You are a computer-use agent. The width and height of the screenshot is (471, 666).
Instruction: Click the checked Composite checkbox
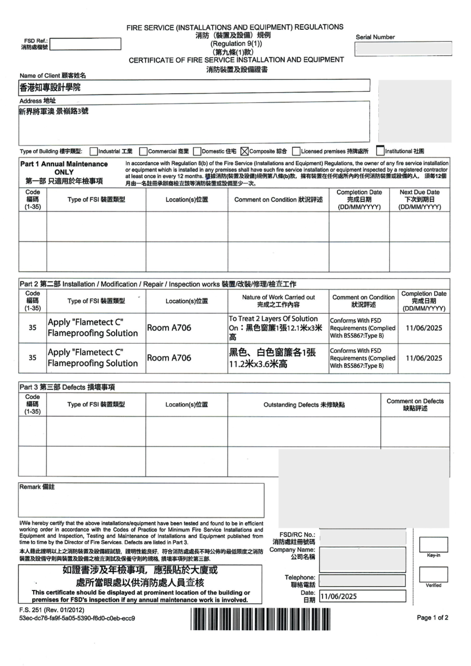point(244,152)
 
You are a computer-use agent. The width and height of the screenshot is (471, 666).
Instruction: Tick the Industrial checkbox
point(94,152)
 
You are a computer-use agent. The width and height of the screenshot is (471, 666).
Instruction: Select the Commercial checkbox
point(143,152)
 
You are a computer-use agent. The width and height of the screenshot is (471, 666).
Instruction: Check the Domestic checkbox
point(197,152)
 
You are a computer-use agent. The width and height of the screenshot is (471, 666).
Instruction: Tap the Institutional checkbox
point(380,151)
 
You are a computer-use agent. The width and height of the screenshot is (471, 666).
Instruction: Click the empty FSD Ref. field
point(85,44)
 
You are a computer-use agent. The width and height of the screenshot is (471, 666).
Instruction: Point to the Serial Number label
point(375,37)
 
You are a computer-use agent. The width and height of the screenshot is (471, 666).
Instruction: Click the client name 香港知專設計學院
point(50,87)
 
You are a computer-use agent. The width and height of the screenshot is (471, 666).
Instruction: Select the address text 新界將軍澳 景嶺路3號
point(54,111)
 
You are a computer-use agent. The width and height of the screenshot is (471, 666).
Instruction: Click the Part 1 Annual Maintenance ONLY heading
point(64,172)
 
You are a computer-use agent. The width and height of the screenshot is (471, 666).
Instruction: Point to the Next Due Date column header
point(419,199)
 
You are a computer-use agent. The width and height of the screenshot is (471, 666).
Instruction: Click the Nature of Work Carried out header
point(278,301)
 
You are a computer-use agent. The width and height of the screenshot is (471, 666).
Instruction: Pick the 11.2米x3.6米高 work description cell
point(272,358)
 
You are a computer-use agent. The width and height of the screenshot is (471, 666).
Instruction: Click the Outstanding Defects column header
point(304,405)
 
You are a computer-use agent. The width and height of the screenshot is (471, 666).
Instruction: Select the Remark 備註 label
point(37,487)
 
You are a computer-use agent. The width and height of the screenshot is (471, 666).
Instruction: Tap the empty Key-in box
point(433,544)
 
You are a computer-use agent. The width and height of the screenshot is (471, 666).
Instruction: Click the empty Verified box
point(433,574)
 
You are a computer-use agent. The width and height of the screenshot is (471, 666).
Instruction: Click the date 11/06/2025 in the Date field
point(338,596)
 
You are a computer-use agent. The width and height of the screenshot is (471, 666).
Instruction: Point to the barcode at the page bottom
point(260,619)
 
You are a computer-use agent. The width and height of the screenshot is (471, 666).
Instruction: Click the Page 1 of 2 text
point(432,618)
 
